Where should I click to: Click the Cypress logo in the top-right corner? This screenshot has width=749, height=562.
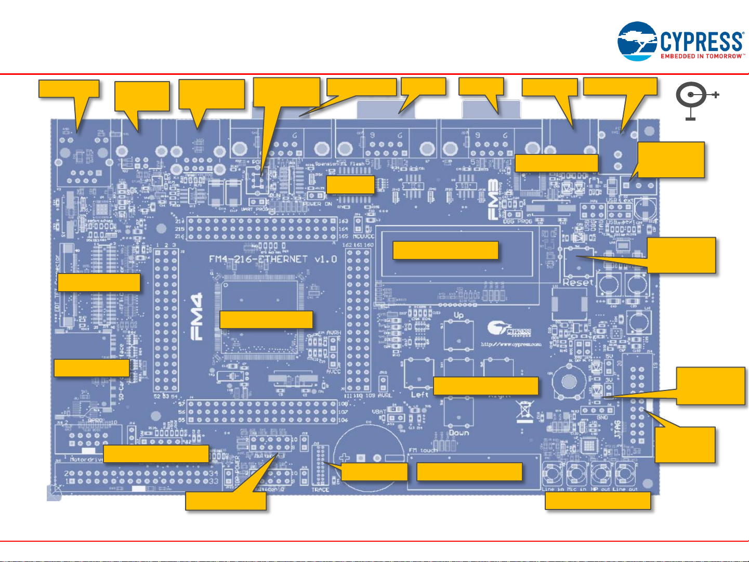pyautogui.click(x=680, y=41)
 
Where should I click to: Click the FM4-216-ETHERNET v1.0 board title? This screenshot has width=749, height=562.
pyautogui.click(x=272, y=259)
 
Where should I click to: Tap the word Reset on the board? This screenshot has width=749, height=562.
pyautogui.click(x=577, y=282)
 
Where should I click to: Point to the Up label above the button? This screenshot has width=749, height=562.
pyautogui.click(x=458, y=315)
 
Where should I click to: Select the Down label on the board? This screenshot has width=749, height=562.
pyautogui.click(x=458, y=433)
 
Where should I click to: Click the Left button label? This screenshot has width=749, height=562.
pyautogui.click(x=419, y=395)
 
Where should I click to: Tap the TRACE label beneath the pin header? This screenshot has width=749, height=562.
pyautogui.click(x=320, y=490)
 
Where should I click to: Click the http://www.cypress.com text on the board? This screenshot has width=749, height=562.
pyautogui.click(x=511, y=344)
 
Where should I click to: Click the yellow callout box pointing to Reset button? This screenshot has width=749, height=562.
pyautogui.click(x=681, y=255)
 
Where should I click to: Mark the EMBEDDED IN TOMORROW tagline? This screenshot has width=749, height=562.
pyautogui.click(x=702, y=56)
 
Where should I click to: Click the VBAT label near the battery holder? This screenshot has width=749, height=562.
pyautogui.click(x=379, y=411)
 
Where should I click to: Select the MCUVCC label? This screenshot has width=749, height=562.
pyautogui.click(x=363, y=237)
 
